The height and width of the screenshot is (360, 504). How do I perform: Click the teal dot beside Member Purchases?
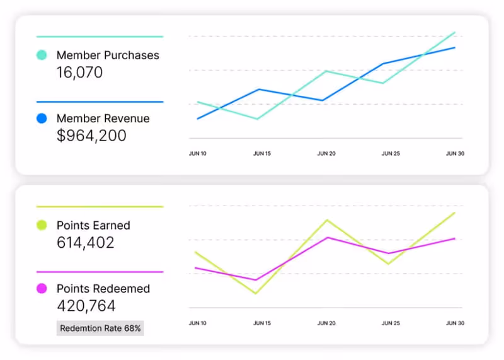click(42, 55)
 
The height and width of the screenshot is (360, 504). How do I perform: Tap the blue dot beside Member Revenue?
click(42, 118)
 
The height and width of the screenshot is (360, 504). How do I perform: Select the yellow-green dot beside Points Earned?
click(42, 225)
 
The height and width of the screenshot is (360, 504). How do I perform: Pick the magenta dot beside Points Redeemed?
click(42, 289)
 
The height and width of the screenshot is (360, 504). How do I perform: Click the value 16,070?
click(79, 73)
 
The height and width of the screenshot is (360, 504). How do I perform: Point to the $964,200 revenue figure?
click(91, 136)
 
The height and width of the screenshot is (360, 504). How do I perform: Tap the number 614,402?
click(86, 243)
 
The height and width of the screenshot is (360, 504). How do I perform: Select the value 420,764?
click(86, 306)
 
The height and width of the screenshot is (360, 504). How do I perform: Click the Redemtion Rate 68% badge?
click(101, 328)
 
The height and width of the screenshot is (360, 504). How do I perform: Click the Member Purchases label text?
click(108, 55)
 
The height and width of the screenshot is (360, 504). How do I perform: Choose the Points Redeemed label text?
click(103, 289)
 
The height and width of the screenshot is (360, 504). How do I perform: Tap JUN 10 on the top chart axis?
click(198, 153)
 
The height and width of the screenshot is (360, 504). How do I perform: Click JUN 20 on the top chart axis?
click(326, 153)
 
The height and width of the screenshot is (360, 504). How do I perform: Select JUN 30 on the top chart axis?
click(455, 153)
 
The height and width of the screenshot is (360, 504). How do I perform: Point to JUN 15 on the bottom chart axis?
click(262, 323)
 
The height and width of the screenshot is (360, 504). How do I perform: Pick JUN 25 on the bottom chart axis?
click(391, 323)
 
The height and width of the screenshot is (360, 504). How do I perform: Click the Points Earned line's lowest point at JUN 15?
click(256, 293)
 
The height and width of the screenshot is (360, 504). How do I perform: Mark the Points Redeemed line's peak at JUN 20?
click(326, 237)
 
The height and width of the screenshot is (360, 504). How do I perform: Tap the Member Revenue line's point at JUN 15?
click(258, 89)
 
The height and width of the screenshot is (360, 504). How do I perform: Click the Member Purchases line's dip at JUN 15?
click(257, 119)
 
